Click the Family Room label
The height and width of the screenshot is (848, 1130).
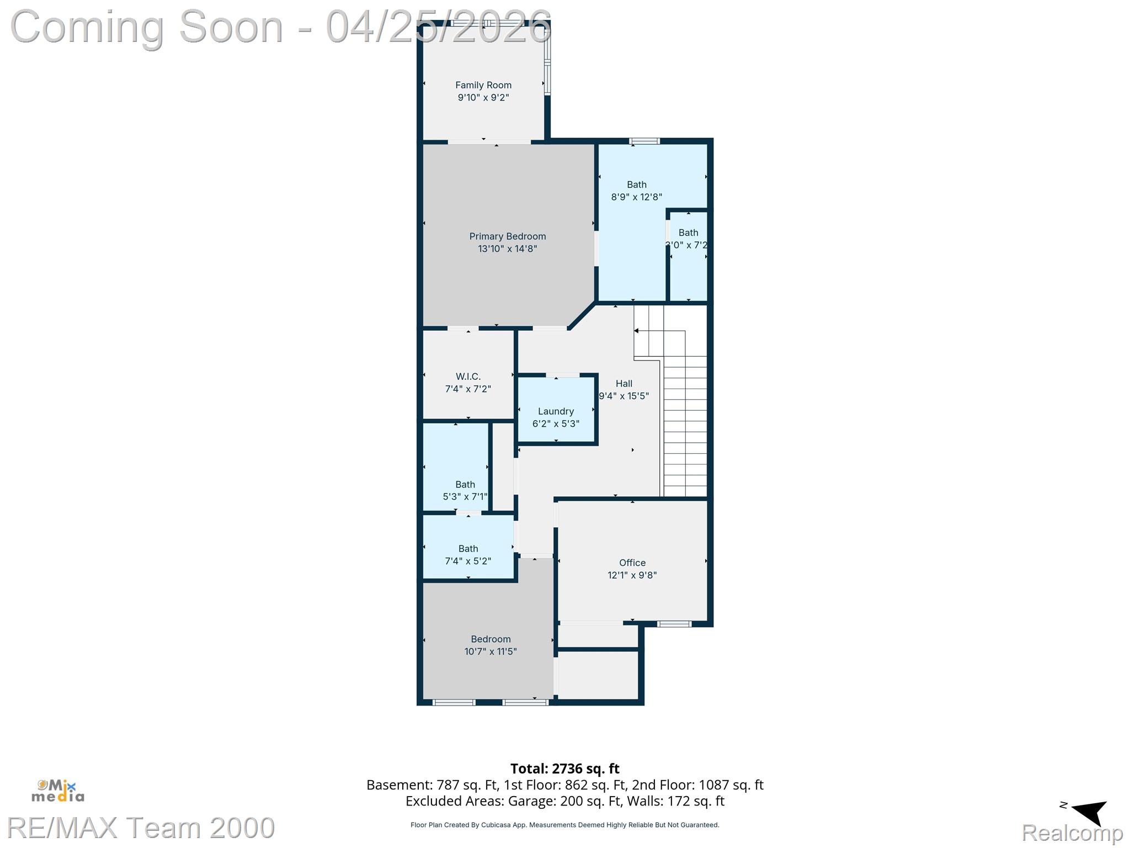(x=483, y=85)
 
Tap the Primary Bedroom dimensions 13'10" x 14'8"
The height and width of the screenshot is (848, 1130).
(x=507, y=249)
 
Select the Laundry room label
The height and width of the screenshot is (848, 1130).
(x=556, y=411)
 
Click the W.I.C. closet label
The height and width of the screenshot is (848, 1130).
(x=468, y=377)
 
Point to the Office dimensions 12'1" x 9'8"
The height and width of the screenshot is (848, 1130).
(x=632, y=575)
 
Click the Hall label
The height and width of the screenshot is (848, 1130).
(x=623, y=384)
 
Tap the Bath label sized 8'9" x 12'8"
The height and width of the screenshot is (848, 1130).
(x=636, y=185)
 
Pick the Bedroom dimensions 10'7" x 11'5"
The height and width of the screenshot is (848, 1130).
(x=490, y=651)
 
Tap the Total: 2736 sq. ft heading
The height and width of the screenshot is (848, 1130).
(x=564, y=768)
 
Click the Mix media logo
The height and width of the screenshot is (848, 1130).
(x=58, y=791)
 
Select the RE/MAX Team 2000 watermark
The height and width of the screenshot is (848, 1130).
(x=141, y=828)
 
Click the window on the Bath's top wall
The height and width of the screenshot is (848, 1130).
(x=644, y=141)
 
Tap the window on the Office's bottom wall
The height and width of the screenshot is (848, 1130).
(x=674, y=624)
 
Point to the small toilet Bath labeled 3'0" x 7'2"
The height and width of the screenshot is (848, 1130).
(x=687, y=239)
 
